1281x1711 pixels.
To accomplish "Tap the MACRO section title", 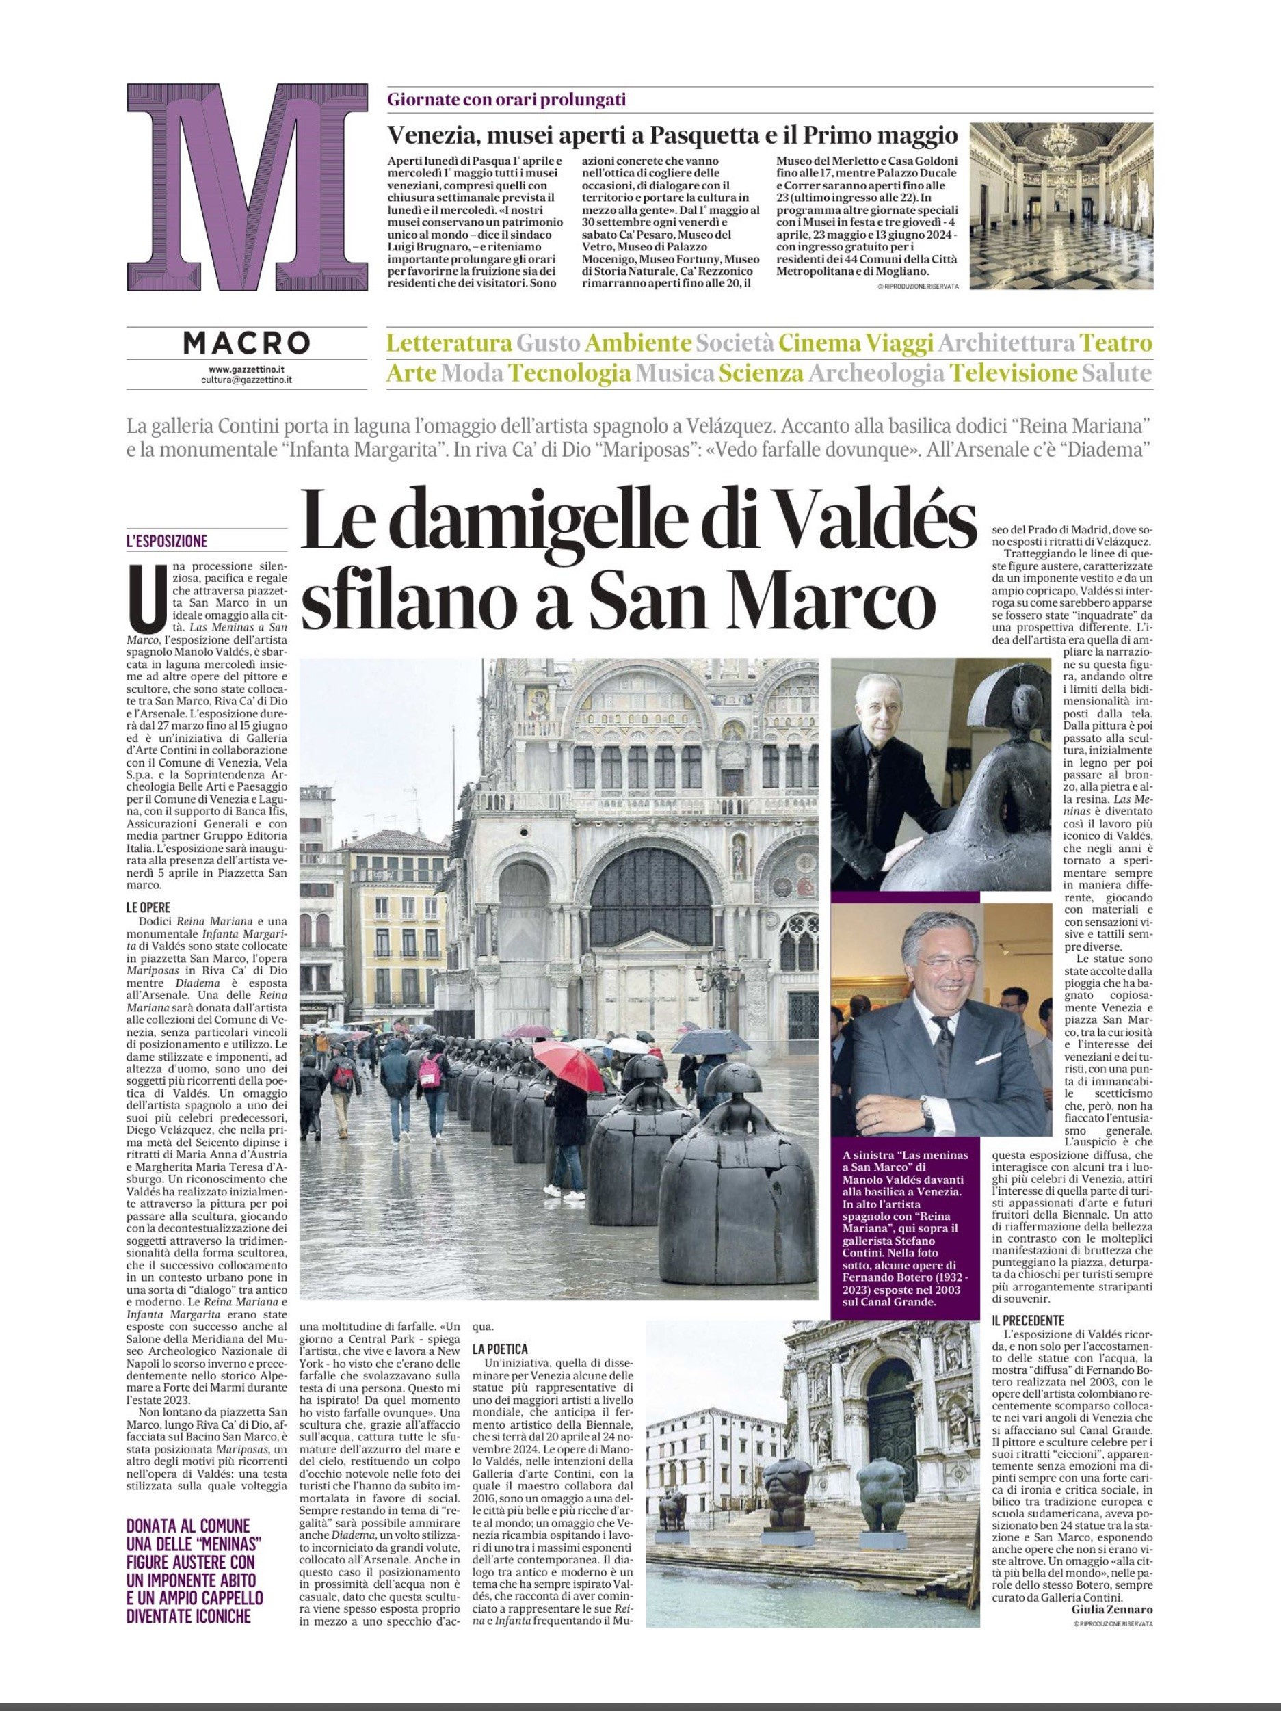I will pos(247,343).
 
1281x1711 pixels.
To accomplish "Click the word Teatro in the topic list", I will pos(1115,343).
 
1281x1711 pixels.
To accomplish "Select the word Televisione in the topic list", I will pos(1014,374).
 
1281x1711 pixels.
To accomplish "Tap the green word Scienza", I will pos(761,374).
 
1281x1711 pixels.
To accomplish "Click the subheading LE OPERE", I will pos(148,907).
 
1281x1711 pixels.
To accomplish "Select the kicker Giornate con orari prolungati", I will pos(506,99).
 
